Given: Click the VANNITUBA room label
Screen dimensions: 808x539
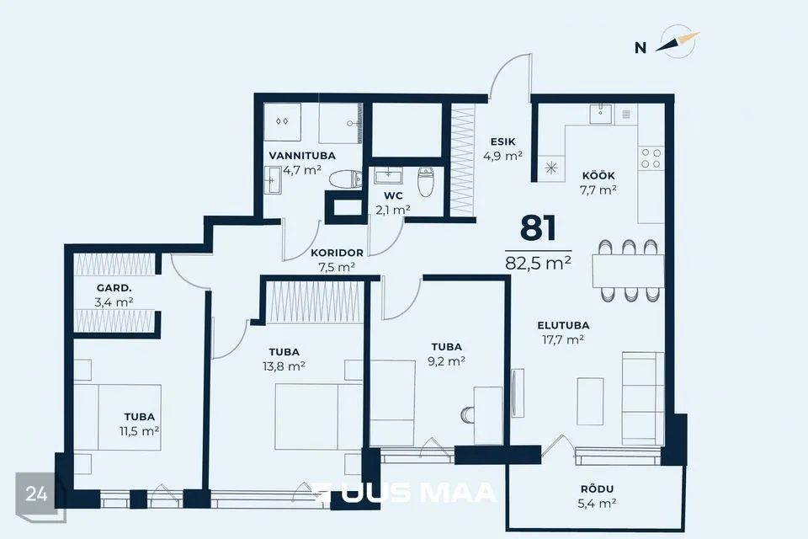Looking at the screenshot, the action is point(302,155).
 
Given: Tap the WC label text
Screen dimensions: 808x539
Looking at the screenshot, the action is point(393,195).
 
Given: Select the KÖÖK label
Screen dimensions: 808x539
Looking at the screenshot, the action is point(598,175).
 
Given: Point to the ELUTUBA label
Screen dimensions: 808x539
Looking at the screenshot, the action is point(563,325).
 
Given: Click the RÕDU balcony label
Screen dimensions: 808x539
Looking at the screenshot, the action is point(597,488).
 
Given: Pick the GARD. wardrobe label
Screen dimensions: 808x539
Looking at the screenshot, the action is point(114,288).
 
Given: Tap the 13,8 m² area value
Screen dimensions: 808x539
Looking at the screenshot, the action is point(284,366).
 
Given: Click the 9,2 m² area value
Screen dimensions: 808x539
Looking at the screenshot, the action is point(446,361).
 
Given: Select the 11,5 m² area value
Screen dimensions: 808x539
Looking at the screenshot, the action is point(139,430).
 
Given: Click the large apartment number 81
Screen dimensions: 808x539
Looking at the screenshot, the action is point(538,228).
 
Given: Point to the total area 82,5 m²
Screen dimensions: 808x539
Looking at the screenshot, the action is point(538,263).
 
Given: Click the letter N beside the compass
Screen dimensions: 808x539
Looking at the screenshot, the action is point(641,48).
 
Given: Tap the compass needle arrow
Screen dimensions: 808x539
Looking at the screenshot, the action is point(677,42).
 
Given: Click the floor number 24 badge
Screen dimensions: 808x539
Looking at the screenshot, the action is point(36,494).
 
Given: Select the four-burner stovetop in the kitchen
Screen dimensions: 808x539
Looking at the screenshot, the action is point(651,158).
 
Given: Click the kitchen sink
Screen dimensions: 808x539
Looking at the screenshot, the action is point(600,114).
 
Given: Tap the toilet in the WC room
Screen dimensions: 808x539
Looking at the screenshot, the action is point(426,182).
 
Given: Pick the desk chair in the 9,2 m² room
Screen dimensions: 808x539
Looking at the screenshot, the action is point(467,414).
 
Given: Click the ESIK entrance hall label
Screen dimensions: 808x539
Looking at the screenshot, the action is point(503,141).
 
